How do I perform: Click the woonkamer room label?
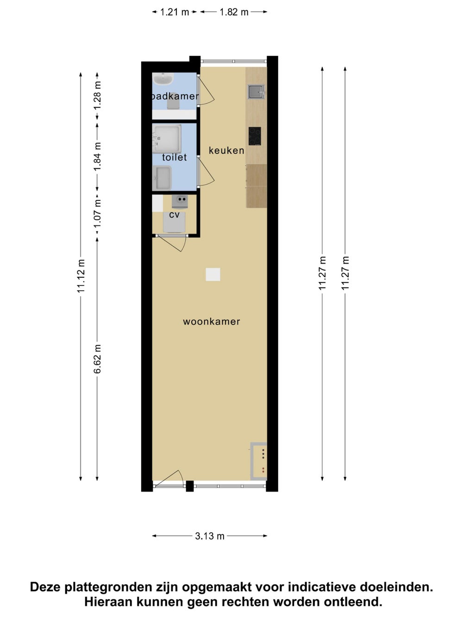[x=212, y=322]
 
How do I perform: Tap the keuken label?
[x=226, y=150]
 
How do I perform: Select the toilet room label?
[x=174, y=157]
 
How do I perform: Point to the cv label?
[x=174, y=215]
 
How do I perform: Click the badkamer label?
[x=175, y=96]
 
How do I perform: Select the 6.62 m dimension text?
[x=97, y=359]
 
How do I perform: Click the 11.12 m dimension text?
[x=81, y=276]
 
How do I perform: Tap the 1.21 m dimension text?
[x=174, y=12]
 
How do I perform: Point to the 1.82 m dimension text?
[x=234, y=12]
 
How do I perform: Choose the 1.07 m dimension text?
[x=97, y=214]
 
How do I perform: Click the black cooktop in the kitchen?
[x=255, y=136]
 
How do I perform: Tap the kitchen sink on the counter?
[x=256, y=92]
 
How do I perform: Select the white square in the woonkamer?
[x=213, y=274]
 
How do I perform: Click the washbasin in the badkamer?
[x=163, y=78]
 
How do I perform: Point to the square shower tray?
[x=167, y=139]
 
